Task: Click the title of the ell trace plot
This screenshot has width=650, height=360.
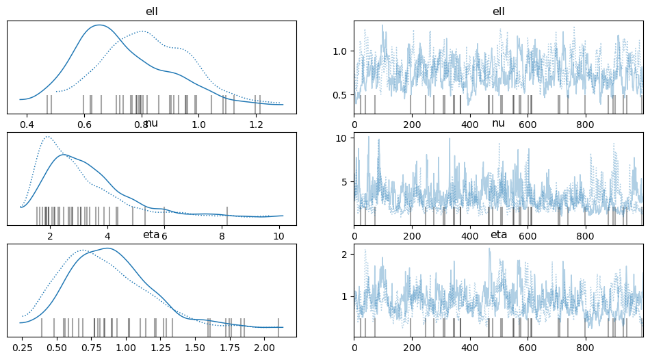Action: pos(499,12)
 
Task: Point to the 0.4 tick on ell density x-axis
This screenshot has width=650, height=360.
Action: pos(27,125)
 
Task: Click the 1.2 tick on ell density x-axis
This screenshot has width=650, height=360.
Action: pos(256,125)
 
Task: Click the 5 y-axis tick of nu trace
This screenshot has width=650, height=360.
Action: pos(346,181)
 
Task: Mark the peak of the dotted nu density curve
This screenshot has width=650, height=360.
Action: pos(47,136)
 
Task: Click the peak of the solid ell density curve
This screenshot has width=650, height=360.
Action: pos(100,25)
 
